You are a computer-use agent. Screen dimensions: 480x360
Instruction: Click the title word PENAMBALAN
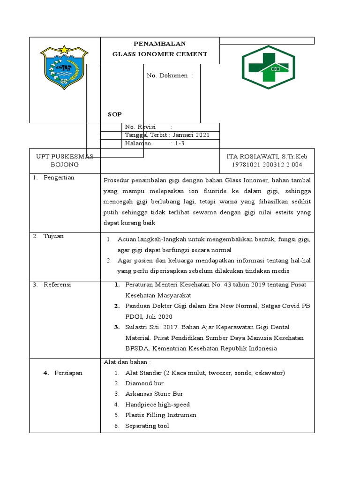(159, 44)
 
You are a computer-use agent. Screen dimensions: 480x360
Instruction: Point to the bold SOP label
(114, 114)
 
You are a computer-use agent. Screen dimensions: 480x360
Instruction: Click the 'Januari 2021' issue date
(188, 135)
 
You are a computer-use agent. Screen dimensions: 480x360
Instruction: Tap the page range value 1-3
(180, 143)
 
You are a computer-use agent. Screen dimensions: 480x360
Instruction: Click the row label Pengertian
(59, 178)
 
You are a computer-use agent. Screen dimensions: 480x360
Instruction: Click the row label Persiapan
(68, 373)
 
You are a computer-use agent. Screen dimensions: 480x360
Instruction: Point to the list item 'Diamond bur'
(144, 383)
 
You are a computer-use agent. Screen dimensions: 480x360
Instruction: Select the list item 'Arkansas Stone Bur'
(154, 394)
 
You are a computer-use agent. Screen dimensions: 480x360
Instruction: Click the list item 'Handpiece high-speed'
(157, 404)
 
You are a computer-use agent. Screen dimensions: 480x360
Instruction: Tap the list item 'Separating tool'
(147, 426)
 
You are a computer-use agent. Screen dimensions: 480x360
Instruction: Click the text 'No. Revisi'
(140, 127)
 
